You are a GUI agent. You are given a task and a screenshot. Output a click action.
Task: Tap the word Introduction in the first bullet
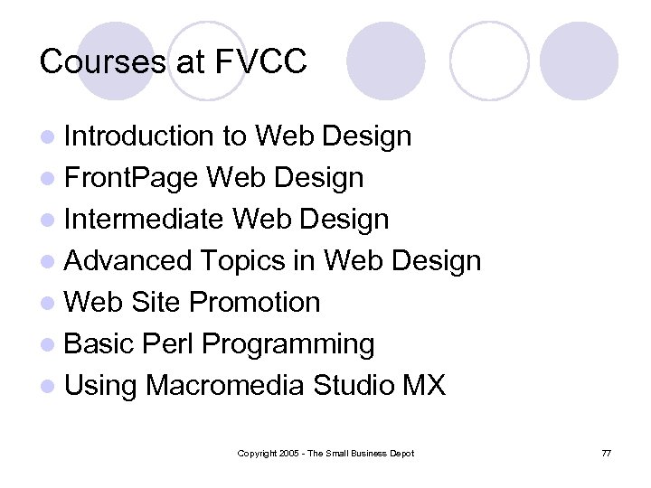138,136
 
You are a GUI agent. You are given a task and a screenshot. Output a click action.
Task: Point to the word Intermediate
145,220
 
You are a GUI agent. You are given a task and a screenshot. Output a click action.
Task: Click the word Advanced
129,261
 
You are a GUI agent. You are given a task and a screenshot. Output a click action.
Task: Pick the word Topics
242,261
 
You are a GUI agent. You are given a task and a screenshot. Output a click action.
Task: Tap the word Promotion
254,303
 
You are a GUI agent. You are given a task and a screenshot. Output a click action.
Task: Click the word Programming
288,345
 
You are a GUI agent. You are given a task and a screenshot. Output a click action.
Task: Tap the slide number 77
606,453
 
